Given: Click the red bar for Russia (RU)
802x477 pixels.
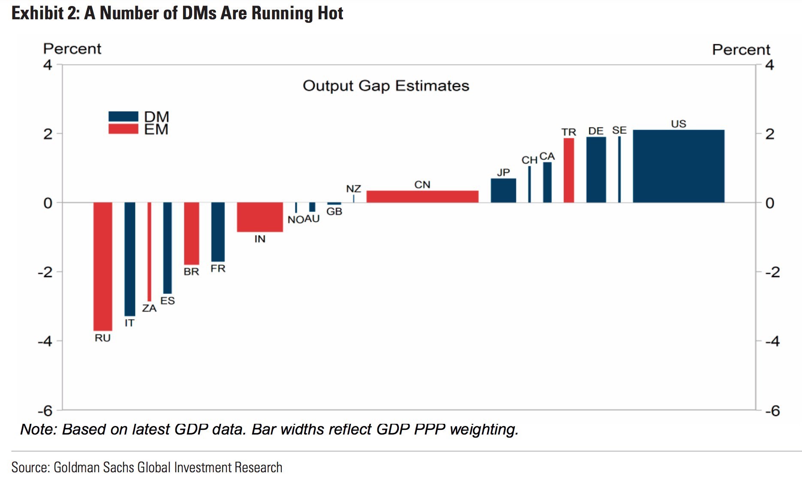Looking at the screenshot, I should coord(103,266).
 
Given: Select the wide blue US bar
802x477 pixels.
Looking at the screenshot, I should coord(678,166).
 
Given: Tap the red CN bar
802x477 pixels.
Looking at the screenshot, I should coord(422,196).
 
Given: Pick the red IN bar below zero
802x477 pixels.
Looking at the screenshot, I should coord(260,217).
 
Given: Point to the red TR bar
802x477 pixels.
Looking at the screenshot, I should coord(569,170).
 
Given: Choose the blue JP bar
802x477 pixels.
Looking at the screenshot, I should coord(504,190).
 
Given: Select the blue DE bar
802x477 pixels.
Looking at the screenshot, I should coord(596,169).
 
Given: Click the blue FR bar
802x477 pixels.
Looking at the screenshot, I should coord(218,232).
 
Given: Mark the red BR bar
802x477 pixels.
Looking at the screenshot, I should coord(192,233).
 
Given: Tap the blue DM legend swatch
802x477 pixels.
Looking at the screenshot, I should coord(124,116).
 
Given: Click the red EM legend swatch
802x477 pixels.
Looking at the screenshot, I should coord(124,129).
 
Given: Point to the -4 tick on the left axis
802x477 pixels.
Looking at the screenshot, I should coord(45,341).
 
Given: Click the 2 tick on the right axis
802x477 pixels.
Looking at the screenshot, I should coord(770,134).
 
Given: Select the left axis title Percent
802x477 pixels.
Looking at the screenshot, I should coord(72,49).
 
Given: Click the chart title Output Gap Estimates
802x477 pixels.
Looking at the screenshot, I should coord(386,86).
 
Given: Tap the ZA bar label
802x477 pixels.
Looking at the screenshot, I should coord(149,308).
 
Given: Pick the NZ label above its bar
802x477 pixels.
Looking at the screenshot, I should coord(353,189).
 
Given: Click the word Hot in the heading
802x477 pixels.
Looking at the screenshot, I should coord(330,13).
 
